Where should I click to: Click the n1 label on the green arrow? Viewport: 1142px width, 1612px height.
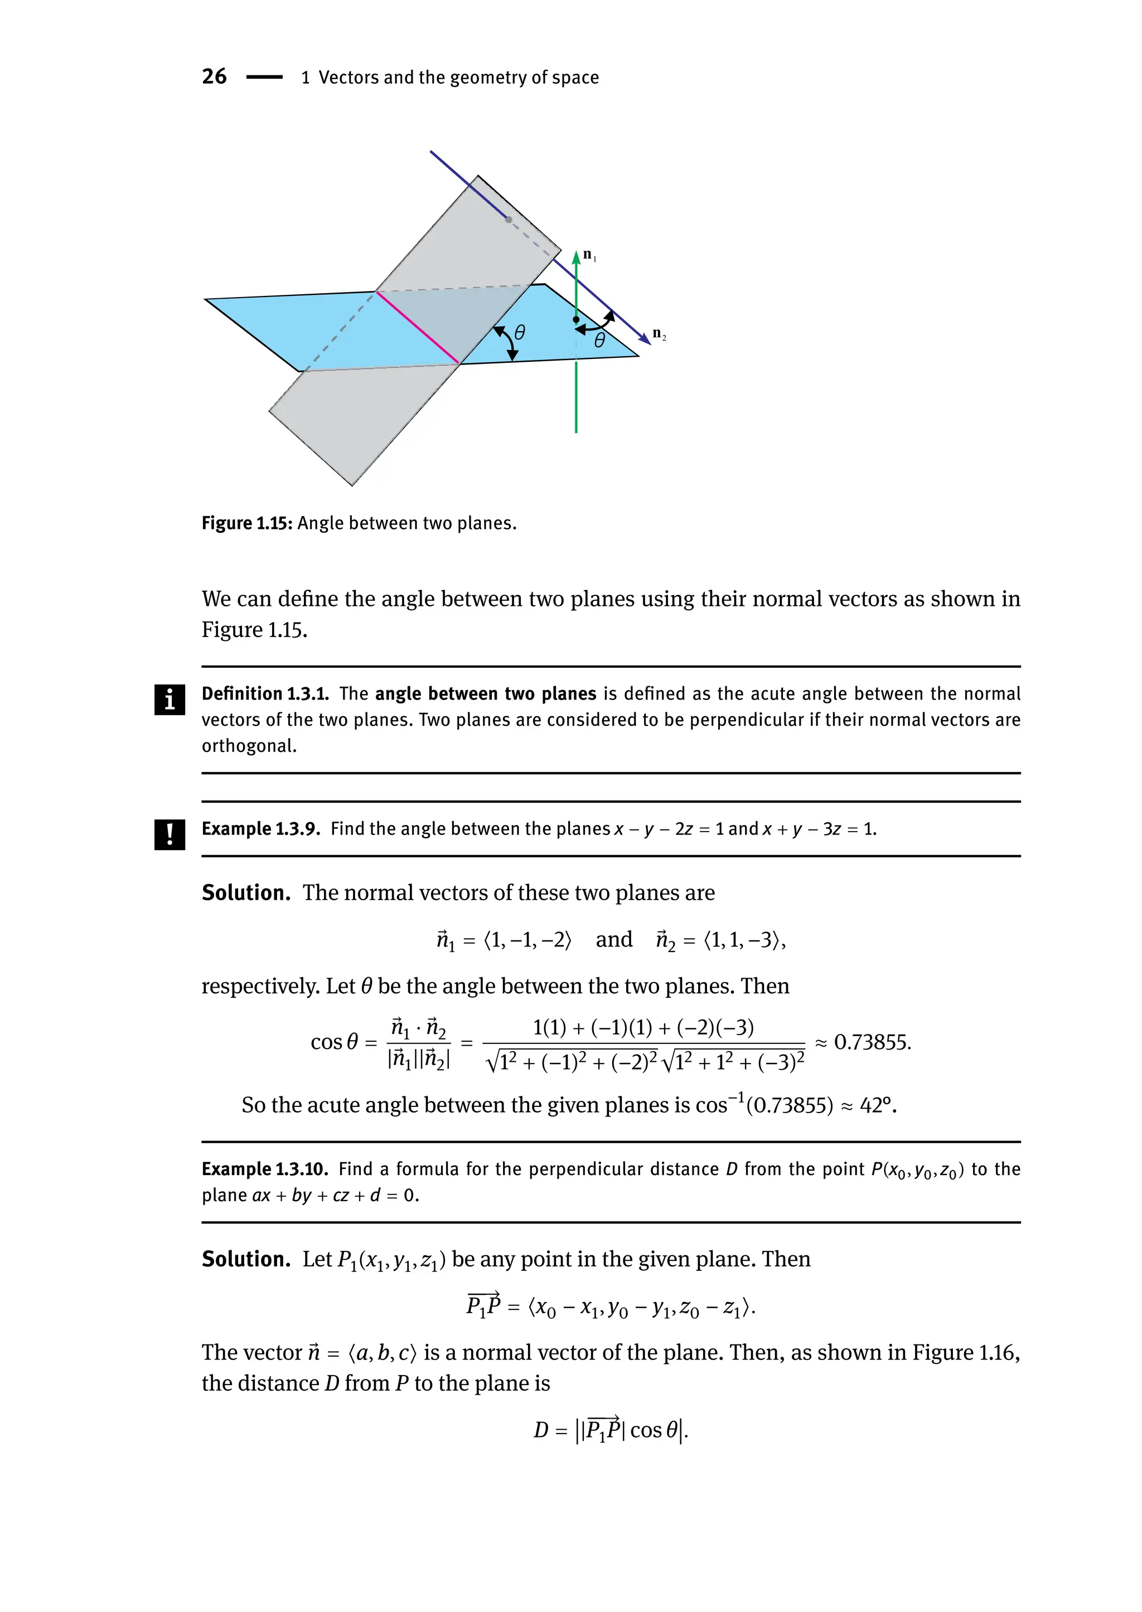pos(589,256)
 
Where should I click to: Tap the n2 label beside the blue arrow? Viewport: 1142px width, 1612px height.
pos(659,334)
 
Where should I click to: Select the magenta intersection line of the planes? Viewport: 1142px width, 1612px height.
pos(418,328)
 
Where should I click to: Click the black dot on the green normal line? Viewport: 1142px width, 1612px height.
pos(576,320)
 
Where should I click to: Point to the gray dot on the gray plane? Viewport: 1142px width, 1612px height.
pos(509,220)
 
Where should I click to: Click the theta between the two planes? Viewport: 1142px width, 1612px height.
pos(520,332)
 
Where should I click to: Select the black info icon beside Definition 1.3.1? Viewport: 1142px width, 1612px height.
pos(170,700)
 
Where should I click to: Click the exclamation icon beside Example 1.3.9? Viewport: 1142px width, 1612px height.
pos(170,834)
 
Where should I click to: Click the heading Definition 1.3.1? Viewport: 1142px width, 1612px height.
pos(265,694)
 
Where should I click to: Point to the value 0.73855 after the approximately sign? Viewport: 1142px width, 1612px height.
pos(872,1042)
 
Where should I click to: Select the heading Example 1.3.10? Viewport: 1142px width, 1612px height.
pos(265,1169)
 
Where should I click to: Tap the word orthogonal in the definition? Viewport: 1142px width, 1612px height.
pos(248,746)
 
